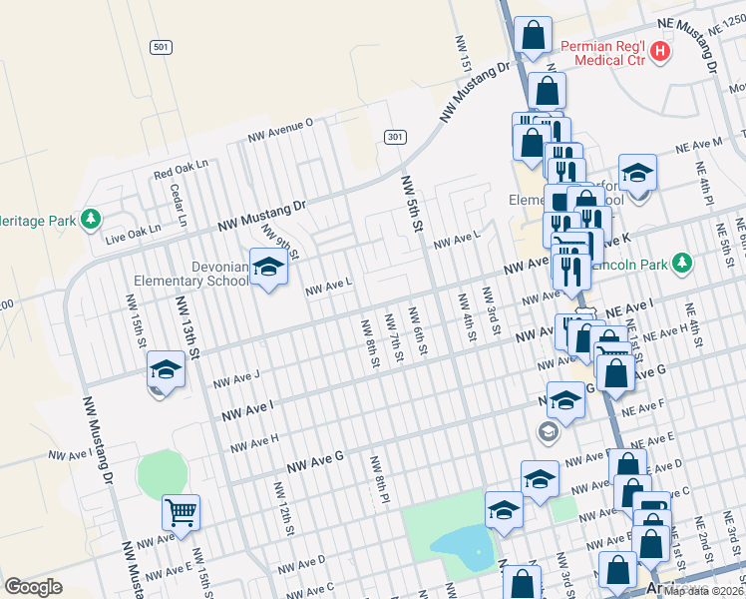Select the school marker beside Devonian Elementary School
tap(267, 267)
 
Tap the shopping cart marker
tap(181, 513)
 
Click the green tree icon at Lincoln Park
tap(681, 263)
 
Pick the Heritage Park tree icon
tap(90, 218)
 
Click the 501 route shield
tap(161, 47)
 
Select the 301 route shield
tap(396, 136)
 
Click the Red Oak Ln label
tap(181, 168)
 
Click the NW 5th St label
tap(410, 205)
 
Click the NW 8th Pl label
tap(380, 482)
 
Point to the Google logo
tap(33, 587)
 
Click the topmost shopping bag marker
tap(534, 35)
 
